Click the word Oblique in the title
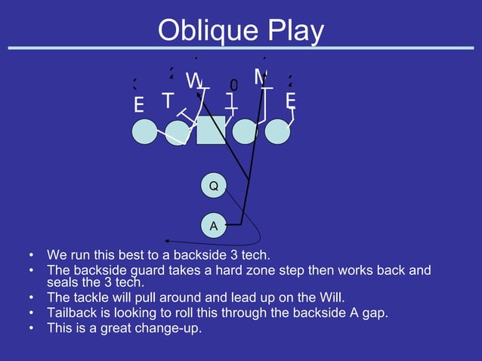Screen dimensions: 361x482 coord(202,31)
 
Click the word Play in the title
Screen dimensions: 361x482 coord(292,31)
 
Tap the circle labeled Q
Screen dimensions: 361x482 coord(214,185)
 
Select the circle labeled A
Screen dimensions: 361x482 coord(214,225)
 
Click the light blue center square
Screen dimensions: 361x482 coord(211,130)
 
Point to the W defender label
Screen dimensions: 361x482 coord(193,80)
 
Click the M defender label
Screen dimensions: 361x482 coord(261,76)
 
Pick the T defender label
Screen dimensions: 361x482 coord(167,100)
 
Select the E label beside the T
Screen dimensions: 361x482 coord(139,106)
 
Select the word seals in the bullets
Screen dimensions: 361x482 coord(64,282)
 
